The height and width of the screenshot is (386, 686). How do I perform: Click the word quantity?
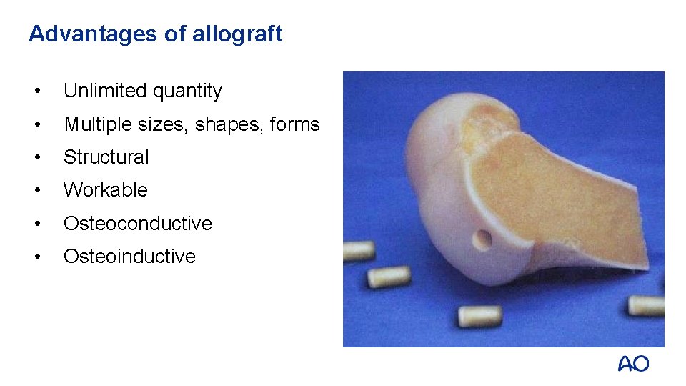(187, 91)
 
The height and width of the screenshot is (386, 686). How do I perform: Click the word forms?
(295, 124)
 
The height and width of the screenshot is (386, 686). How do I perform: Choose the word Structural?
(106, 157)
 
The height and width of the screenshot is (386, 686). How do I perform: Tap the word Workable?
(105, 190)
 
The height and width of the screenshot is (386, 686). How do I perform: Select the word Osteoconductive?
(137, 223)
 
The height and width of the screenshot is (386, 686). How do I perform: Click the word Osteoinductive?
(129, 256)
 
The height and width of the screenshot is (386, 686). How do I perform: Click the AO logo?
(633, 364)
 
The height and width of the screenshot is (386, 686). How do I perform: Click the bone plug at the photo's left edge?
(359, 251)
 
